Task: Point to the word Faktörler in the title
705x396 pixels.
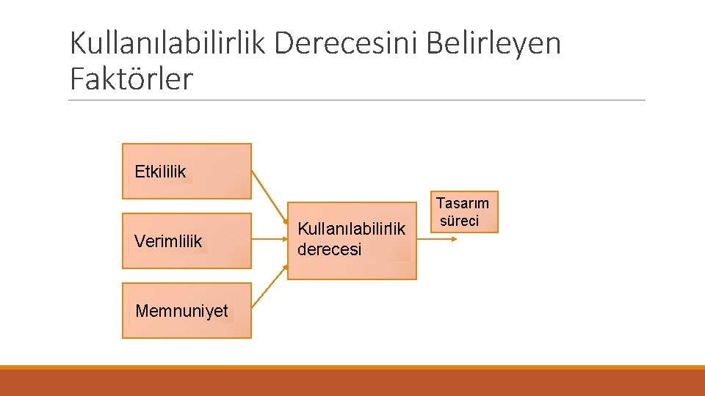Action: click(x=131, y=78)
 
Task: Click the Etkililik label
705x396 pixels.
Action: click(x=160, y=172)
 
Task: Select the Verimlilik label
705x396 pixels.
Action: click(x=168, y=241)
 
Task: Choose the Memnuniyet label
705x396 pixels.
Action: click(x=181, y=311)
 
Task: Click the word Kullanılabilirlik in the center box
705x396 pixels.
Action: click(x=351, y=230)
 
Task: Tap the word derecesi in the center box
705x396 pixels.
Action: click(x=329, y=249)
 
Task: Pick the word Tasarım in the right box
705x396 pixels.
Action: click(x=463, y=203)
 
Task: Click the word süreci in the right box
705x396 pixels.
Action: click(x=460, y=221)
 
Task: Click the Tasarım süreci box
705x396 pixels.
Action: click(x=464, y=212)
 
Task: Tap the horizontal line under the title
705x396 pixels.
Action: click(x=357, y=100)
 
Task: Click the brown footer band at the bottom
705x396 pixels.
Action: click(x=352, y=383)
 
